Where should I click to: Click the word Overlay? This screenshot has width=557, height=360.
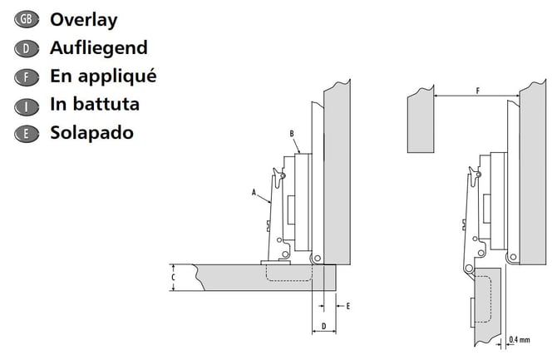[83, 20]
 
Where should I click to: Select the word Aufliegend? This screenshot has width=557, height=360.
[99, 48]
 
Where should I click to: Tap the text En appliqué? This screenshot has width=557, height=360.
[103, 76]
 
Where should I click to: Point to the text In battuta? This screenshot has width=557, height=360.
[95, 104]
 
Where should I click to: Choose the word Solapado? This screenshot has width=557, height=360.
[92, 133]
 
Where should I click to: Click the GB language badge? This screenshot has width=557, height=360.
[27, 20]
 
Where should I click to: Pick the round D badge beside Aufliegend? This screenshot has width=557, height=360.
[27, 49]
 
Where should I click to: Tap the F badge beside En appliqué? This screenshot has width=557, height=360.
[27, 77]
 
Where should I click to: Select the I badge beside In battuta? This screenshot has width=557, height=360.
[27, 106]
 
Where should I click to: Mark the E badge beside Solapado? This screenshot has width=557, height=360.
[27, 135]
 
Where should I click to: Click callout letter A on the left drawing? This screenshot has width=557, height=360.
[254, 193]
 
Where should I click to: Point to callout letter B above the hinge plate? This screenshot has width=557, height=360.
[292, 134]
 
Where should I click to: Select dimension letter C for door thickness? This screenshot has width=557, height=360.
[174, 277]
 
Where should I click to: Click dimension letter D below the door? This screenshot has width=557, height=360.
[323, 326]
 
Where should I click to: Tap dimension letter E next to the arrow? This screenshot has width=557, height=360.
[348, 306]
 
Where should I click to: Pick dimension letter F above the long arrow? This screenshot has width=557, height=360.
[477, 91]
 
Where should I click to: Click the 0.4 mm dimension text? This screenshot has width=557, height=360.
[519, 340]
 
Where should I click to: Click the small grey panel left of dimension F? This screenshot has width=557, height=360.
[421, 120]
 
